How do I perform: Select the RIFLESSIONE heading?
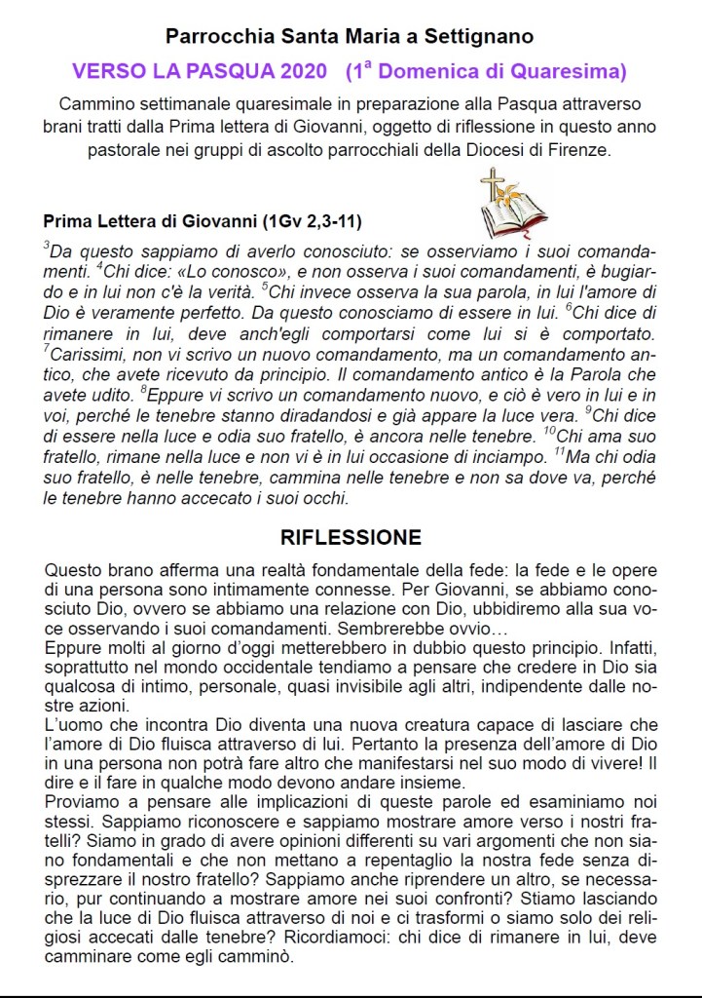[351, 537]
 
